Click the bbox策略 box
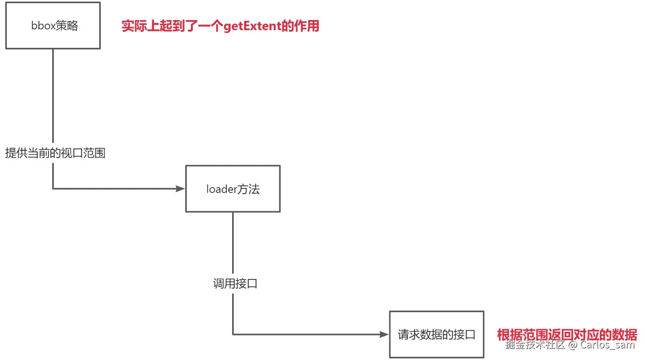[53, 26]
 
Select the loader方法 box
[233, 189]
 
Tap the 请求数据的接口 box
[437, 334]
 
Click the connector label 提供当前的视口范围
[55, 153]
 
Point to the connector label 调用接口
[235, 284]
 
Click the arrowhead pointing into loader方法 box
[180, 189]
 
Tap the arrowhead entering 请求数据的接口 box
[384, 334]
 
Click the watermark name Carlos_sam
[607, 345]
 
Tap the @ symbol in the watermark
[573, 345]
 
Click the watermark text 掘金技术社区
[535, 345]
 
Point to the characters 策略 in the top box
[67, 26]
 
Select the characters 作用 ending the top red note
[307, 26]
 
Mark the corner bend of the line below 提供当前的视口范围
[53, 189]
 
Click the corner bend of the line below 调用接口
[233, 334]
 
